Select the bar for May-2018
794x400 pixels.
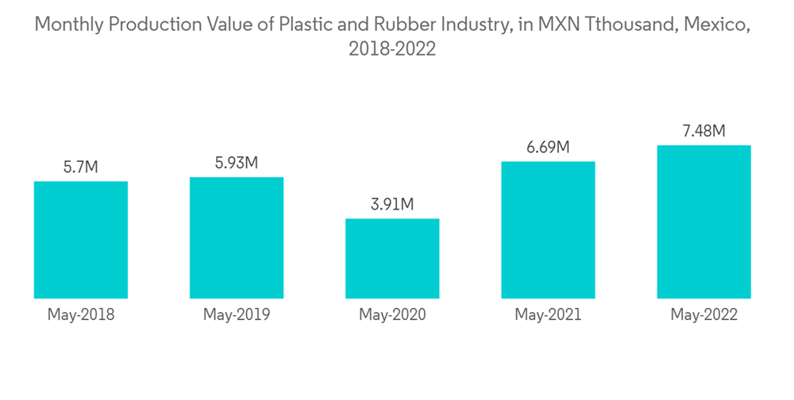click(x=80, y=240)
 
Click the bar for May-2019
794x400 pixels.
click(x=237, y=237)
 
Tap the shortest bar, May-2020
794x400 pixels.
click(x=392, y=258)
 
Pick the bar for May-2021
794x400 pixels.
click(x=548, y=230)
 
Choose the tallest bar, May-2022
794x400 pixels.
click(x=703, y=221)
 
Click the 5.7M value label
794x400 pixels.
click(x=80, y=167)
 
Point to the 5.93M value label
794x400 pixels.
click(x=237, y=163)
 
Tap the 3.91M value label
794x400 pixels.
click(x=392, y=205)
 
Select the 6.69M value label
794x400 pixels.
click(x=548, y=147)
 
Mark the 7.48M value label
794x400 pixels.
click(x=703, y=131)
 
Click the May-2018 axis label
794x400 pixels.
click(x=80, y=315)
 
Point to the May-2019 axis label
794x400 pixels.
click(x=237, y=315)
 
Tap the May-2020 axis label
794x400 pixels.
click(x=392, y=315)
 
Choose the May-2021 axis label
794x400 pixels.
click(x=548, y=315)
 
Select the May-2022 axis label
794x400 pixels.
click(x=703, y=315)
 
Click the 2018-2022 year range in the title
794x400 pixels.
click(x=392, y=49)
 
